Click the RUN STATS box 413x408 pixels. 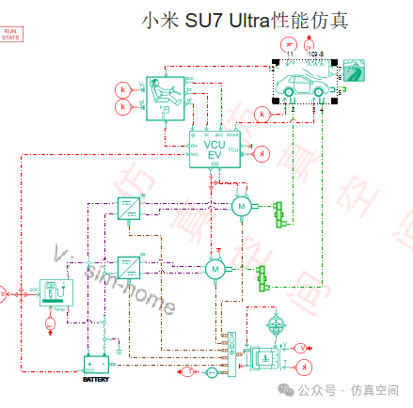click(11, 36)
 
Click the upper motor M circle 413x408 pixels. click(241, 205)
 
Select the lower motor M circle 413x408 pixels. click(215, 269)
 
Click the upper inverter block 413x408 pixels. click(128, 208)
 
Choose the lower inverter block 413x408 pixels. click(128, 267)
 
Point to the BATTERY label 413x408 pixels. click(96, 379)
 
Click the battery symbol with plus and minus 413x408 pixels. click(96, 365)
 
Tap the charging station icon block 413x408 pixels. click(56, 292)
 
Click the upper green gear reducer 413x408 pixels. click(277, 212)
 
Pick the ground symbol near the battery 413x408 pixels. click(119, 352)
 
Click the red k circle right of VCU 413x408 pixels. click(263, 153)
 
